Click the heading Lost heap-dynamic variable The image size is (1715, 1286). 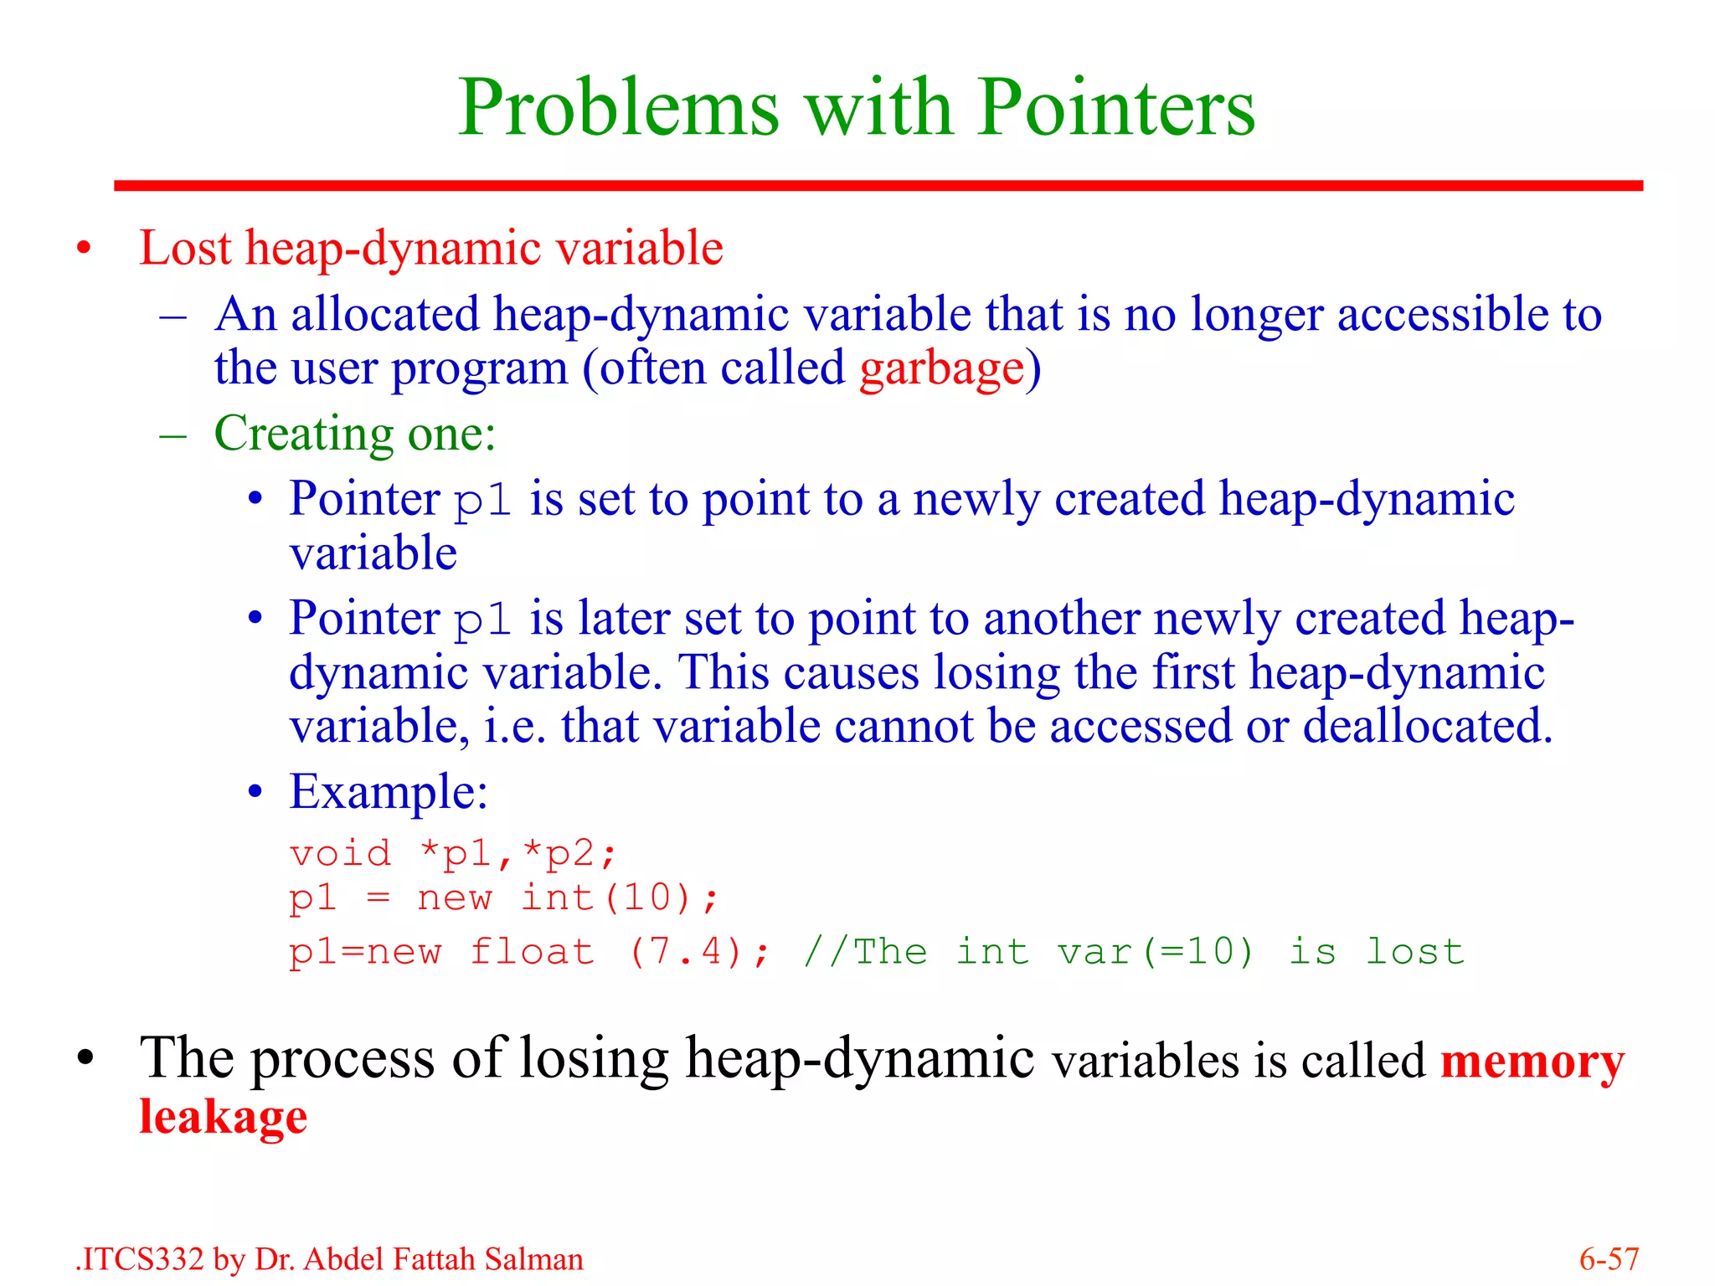tap(430, 249)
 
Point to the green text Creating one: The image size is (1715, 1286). tap(354, 434)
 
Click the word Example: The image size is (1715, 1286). tap(388, 791)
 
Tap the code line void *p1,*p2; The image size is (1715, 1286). tap(452, 854)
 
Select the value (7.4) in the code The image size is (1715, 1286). tap(686, 952)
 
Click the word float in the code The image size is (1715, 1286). tap(532, 952)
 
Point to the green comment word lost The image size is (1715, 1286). tap(1414, 952)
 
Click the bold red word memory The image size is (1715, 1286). tap(1532, 1062)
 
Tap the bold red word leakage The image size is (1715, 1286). tap(223, 1117)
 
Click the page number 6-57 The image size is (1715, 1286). tap(1608, 1259)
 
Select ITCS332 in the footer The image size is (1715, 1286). tap(142, 1259)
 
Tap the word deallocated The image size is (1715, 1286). tap(1427, 726)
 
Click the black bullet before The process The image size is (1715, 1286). tap(85, 1060)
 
